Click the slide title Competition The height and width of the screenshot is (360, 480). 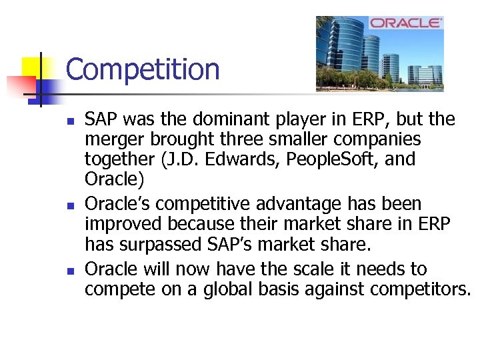point(143,69)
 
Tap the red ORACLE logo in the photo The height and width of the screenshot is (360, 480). point(406,23)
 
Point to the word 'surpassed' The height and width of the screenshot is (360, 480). point(160,243)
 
